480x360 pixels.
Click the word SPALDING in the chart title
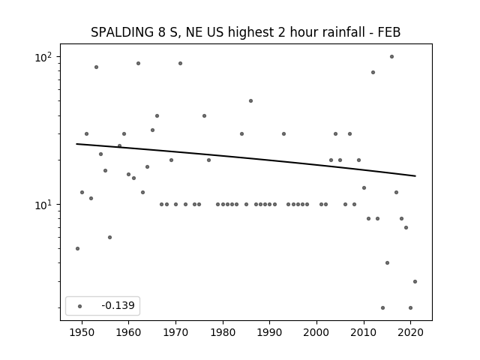pyautogui.click(x=122, y=32)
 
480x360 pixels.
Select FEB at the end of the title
pyautogui.click(x=389, y=32)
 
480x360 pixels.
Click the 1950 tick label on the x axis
pyautogui.click(x=82, y=332)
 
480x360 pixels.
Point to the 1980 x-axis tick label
pyautogui.click(x=223, y=332)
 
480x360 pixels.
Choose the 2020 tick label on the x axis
pyautogui.click(x=410, y=332)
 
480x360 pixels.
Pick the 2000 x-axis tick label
pyautogui.click(x=316, y=332)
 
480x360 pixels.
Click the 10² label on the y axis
pyautogui.click(x=43, y=57)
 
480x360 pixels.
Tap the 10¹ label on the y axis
pyautogui.click(x=43, y=205)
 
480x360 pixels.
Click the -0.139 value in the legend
pyautogui.click(x=118, y=305)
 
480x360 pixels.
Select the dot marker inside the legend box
pyautogui.click(x=80, y=306)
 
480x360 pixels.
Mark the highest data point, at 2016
pyautogui.click(x=391, y=57)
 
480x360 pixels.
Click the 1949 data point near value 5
pyautogui.click(x=77, y=248)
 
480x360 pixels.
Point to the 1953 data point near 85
pyautogui.click(x=97, y=67)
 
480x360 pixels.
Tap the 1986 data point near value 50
pyautogui.click(x=250, y=100)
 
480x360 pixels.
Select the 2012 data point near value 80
pyautogui.click(x=373, y=72)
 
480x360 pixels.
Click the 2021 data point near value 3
pyautogui.click(x=415, y=281)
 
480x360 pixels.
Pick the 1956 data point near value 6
pyautogui.click(x=110, y=237)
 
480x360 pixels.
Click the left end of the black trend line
pyautogui.click(x=76, y=144)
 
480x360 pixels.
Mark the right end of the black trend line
pyautogui.click(x=415, y=176)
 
